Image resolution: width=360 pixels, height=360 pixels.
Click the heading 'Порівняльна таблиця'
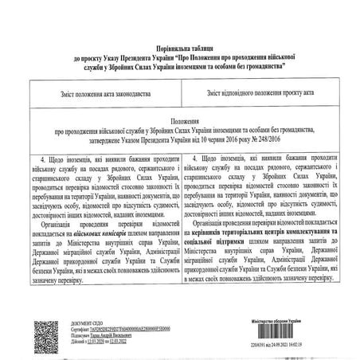point(181,18)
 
